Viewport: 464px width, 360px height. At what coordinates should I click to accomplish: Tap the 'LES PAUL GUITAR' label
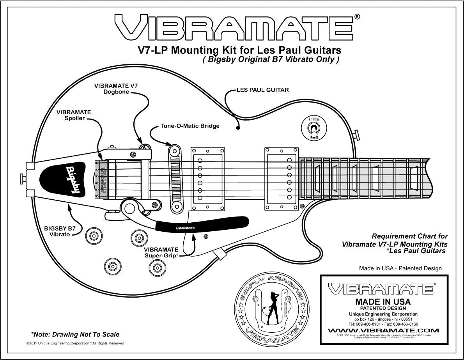point(262,90)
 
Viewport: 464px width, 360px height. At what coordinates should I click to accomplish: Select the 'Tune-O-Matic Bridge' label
point(190,126)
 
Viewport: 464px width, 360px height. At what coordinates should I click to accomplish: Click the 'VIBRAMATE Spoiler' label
point(74,115)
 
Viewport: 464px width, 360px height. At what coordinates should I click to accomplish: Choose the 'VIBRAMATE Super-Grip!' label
point(161,252)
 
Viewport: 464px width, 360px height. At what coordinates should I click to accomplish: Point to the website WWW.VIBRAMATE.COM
point(383,330)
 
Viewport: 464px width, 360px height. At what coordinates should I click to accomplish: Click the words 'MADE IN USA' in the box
point(383,301)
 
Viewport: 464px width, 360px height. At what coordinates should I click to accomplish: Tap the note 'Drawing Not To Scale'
point(75,334)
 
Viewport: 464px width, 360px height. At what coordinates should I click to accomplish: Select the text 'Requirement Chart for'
point(409,236)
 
